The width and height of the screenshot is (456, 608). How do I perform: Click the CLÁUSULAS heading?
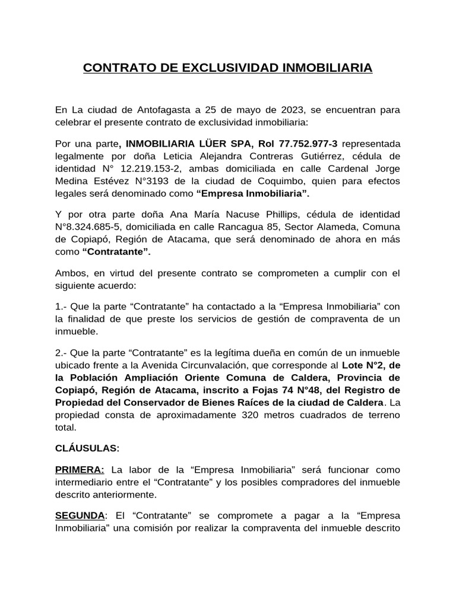87,448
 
